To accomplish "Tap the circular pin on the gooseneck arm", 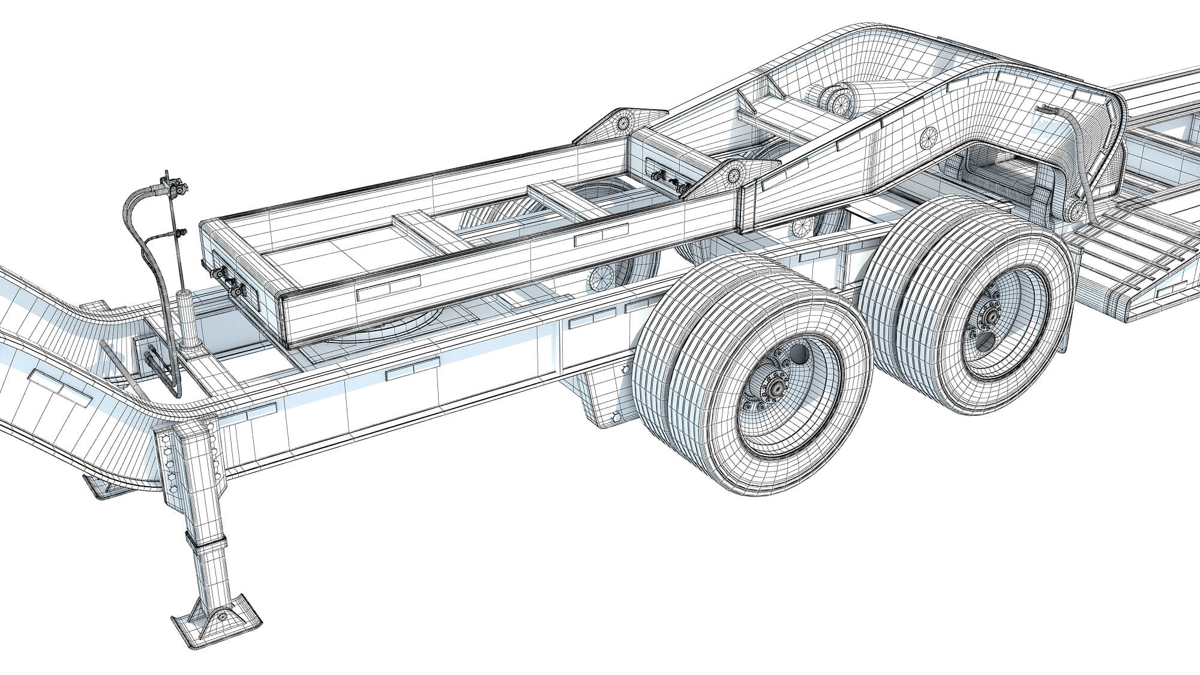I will point(929,138).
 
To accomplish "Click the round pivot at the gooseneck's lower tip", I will point(1076,209).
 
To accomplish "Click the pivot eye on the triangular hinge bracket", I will point(733,175).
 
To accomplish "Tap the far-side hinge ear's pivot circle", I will point(624,122).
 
